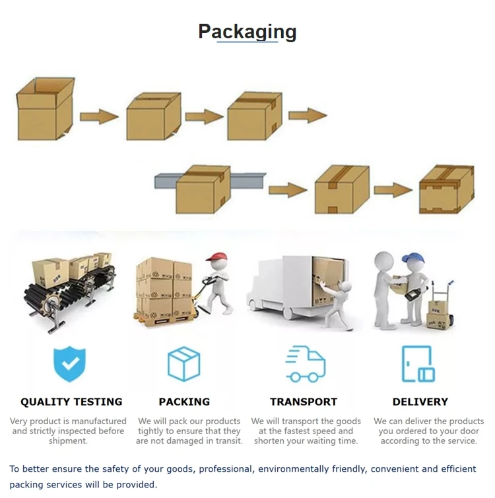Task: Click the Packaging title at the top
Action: pyautogui.click(x=247, y=31)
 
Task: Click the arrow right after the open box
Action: pyautogui.click(x=99, y=117)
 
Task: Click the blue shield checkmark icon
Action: pyautogui.click(x=69, y=363)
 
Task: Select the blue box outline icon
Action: pyautogui.click(x=183, y=363)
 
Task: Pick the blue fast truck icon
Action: pyautogui.click(x=305, y=365)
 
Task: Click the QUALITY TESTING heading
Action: pyautogui.click(x=71, y=402)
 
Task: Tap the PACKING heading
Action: pyautogui.click(x=184, y=402)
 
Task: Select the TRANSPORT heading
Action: pyautogui.click(x=304, y=402)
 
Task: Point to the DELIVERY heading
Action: pyautogui.click(x=420, y=402)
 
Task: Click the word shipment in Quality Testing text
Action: pyautogui.click(x=68, y=441)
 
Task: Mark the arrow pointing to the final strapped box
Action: pyautogui.click(x=393, y=191)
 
